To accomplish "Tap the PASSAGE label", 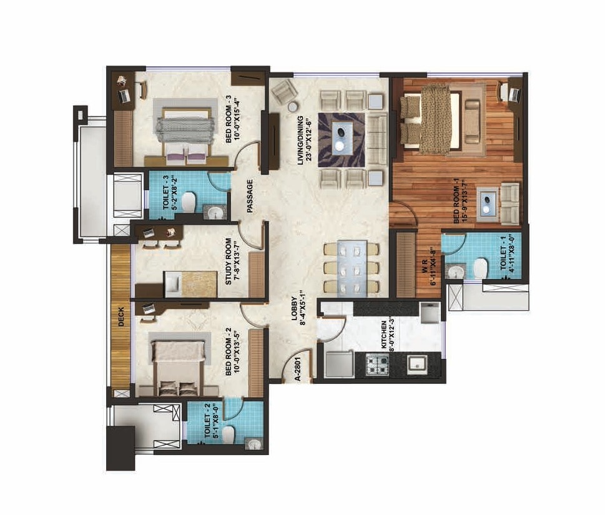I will click(x=250, y=197).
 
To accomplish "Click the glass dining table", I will click(x=350, y=268).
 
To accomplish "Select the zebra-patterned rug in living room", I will click(x=342, y=139).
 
